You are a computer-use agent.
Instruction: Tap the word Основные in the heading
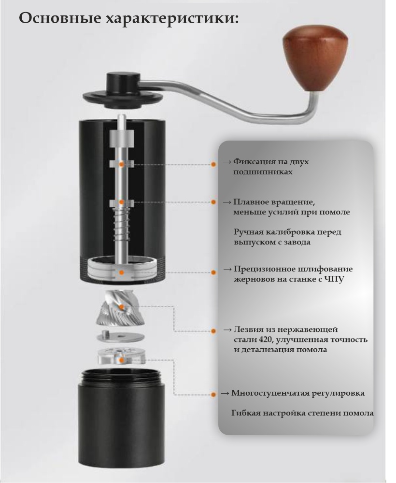tap(60, 18)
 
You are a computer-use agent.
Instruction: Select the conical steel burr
tap(121, 308)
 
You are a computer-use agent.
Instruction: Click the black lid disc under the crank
tap(123, 98)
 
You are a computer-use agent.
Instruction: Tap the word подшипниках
tap(263, 172)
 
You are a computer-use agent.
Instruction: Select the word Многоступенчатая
tap(263, 393)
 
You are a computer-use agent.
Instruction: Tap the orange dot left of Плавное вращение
tap(213, 202)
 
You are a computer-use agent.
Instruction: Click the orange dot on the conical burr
tap(121, 307)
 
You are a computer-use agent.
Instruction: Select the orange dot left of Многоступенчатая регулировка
tap(213, 394)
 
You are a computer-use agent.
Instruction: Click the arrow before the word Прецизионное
tap(227, 270)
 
